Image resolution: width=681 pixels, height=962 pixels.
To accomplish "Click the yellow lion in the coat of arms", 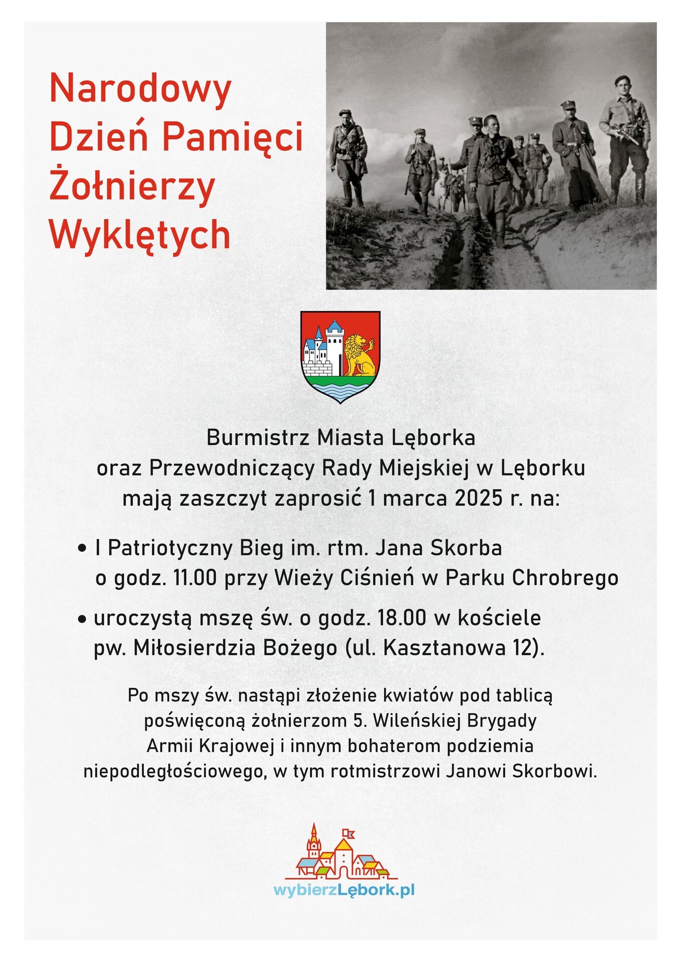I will pyautogui.click(x=359, y=355).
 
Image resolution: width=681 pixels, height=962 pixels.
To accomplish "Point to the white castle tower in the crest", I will pyautogui.click(x=335, y=346).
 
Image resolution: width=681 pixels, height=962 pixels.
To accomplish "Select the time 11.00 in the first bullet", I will pyautogui.click(x=195, y=578).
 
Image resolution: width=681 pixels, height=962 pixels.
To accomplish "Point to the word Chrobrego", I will pyautogui.click(x=565, y=578).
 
